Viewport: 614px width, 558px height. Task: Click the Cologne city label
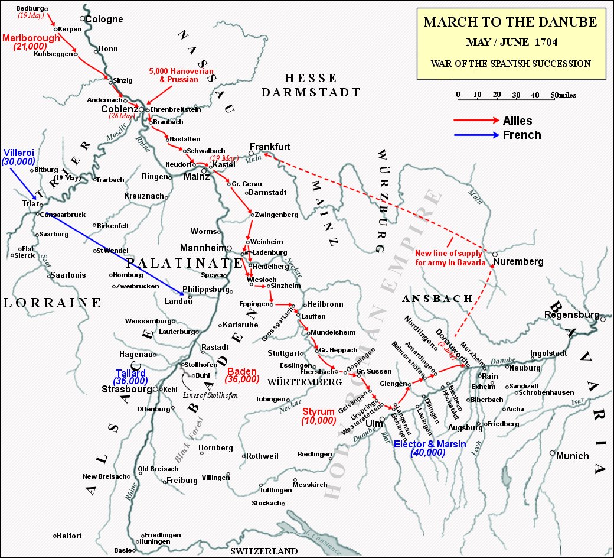(x=104, y=19)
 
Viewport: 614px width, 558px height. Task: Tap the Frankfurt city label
(x=270, y=146)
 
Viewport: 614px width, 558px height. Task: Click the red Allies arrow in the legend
(x=476, y=121)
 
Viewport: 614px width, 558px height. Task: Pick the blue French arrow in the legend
(x=476, y=135)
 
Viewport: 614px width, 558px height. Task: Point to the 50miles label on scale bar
(x=564, y=95)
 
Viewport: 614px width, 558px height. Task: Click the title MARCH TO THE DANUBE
(x=510, y=23)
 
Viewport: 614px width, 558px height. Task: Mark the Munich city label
(x=573, y=456)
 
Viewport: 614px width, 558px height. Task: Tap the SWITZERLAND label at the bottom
(x=264, y=551)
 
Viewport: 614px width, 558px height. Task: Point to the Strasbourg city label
(x=127, y=390)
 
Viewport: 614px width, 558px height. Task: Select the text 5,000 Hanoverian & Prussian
(x=181, y=74)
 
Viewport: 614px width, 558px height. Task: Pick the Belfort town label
(x=69, y=536)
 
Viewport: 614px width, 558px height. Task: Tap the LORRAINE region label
(x=53, y=303)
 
